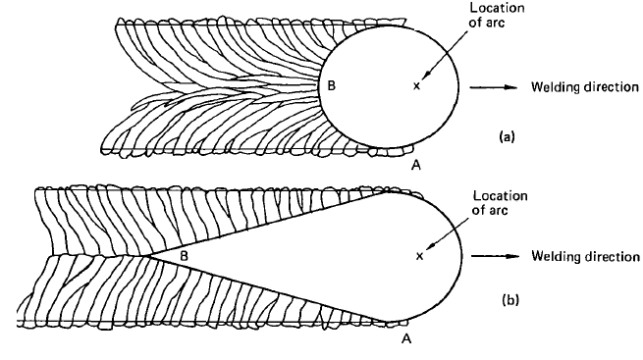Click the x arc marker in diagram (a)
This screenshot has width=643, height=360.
(x=416, y=86)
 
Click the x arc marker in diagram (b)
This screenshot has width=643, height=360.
(x=420, y=256)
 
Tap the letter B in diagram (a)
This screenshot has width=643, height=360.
(x=332, y=86)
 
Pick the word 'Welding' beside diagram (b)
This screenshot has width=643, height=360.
(x=554, y=257)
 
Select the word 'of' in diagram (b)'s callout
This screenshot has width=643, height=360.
(x=480, y=210)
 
